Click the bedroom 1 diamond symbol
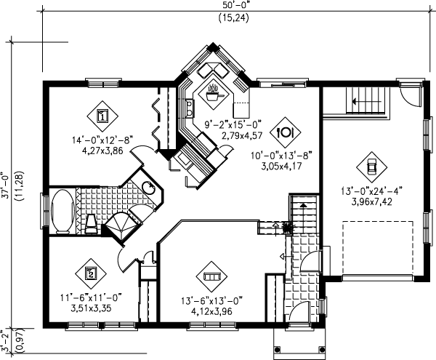click(x=102, y=115)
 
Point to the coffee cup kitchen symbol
click(x=214, y=93)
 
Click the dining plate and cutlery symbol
click(x=286, y=132)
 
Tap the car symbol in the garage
click(x=371, y=166)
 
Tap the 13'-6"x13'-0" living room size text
click(x=212, y=298)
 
